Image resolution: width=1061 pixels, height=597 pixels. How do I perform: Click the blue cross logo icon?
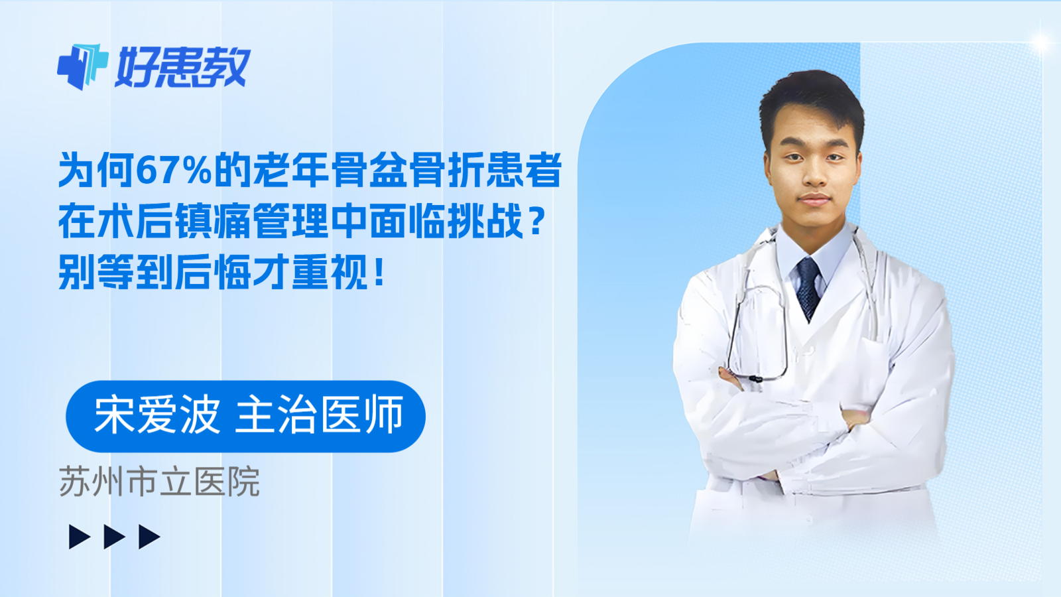(x=82, y=66)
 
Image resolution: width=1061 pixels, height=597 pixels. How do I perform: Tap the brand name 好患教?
(x=182, y=68)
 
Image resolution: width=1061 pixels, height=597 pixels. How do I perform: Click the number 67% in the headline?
(x=174, y=170)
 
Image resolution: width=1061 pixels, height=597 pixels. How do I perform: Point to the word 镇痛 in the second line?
(x=213, y=222)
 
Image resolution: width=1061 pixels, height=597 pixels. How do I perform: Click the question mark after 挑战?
(x=538, y=222)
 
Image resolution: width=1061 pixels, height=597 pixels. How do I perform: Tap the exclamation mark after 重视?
(x=379, y=272)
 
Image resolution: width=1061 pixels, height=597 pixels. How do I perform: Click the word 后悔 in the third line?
(x=213, y=272)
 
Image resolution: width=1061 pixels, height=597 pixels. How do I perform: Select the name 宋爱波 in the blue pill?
(x=156, y=416)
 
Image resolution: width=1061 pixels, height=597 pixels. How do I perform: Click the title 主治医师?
(x=320, y=416)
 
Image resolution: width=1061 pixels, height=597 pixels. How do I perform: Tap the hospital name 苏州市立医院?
(x=159, y=482)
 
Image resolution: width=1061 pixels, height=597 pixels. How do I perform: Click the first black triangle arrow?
(x=79, y=537)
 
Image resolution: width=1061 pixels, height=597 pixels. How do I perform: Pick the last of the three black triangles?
(x=149, y=537)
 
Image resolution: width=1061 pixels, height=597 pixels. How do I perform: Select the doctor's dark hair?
(x=812, y=96)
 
